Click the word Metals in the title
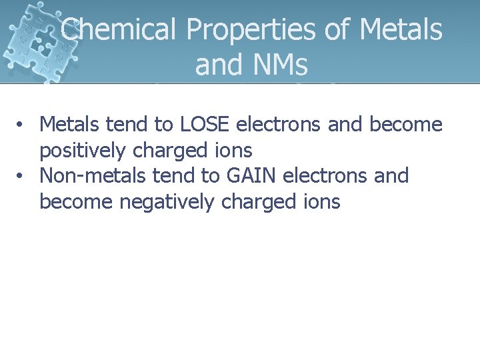(401, 29)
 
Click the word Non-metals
(93, 176)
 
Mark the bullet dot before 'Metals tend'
(22, 125)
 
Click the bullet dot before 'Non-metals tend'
(22, 177)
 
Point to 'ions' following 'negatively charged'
(322, 202)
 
